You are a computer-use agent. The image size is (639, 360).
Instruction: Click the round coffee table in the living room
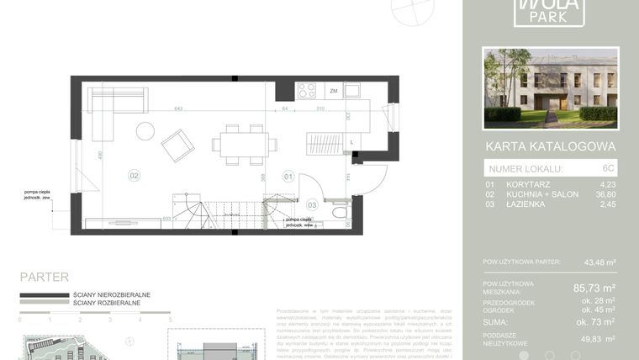point(145,131)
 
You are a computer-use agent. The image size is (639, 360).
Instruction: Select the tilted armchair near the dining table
point(178,145)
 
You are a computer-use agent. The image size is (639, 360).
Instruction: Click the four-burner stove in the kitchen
point(308,90)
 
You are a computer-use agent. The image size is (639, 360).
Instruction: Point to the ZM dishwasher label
point(334,91)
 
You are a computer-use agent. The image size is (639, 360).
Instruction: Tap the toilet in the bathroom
point(340,213)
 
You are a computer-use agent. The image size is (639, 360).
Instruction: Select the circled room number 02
point(134,176)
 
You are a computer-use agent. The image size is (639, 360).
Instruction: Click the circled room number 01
point(288,177)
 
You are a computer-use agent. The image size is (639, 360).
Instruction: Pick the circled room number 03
point(311,204)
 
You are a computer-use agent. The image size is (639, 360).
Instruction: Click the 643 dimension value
point(178,109)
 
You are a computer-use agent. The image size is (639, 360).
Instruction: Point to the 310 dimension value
point(319,109)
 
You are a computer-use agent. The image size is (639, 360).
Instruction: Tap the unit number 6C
point(609,168)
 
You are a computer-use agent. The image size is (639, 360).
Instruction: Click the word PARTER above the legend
point(44,277)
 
